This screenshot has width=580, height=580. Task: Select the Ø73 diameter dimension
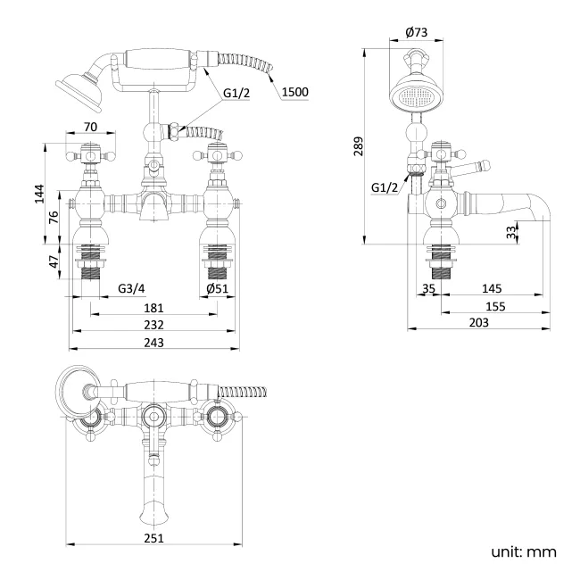(416, 33)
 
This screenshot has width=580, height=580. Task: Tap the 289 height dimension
(359, 145)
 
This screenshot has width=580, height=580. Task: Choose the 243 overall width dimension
(153, 344)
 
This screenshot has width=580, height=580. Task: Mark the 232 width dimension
(153, 326)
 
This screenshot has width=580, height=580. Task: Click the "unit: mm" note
(525, 551)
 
